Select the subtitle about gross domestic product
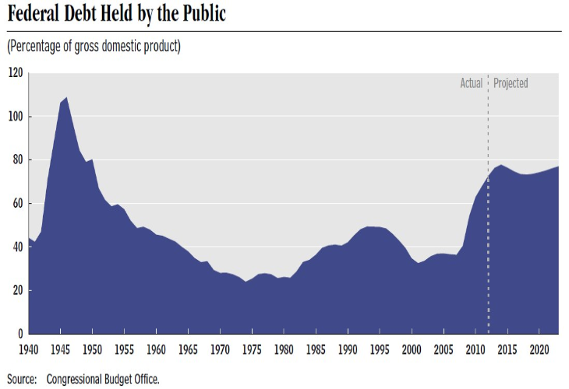click(94, 46)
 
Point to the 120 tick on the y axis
click(15, 73)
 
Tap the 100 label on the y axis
click(15, 117)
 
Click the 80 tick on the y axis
click(17, 160)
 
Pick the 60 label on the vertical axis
click(17, 204)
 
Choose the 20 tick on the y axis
click(17, 291)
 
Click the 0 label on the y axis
click(19, 334)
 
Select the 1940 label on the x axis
click(29, 349)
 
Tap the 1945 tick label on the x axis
click(61, 349)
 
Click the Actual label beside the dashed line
click(471, 83)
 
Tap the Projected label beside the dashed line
click(511, 83)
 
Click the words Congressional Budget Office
click(103, 380)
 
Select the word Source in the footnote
click(23, 380)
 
